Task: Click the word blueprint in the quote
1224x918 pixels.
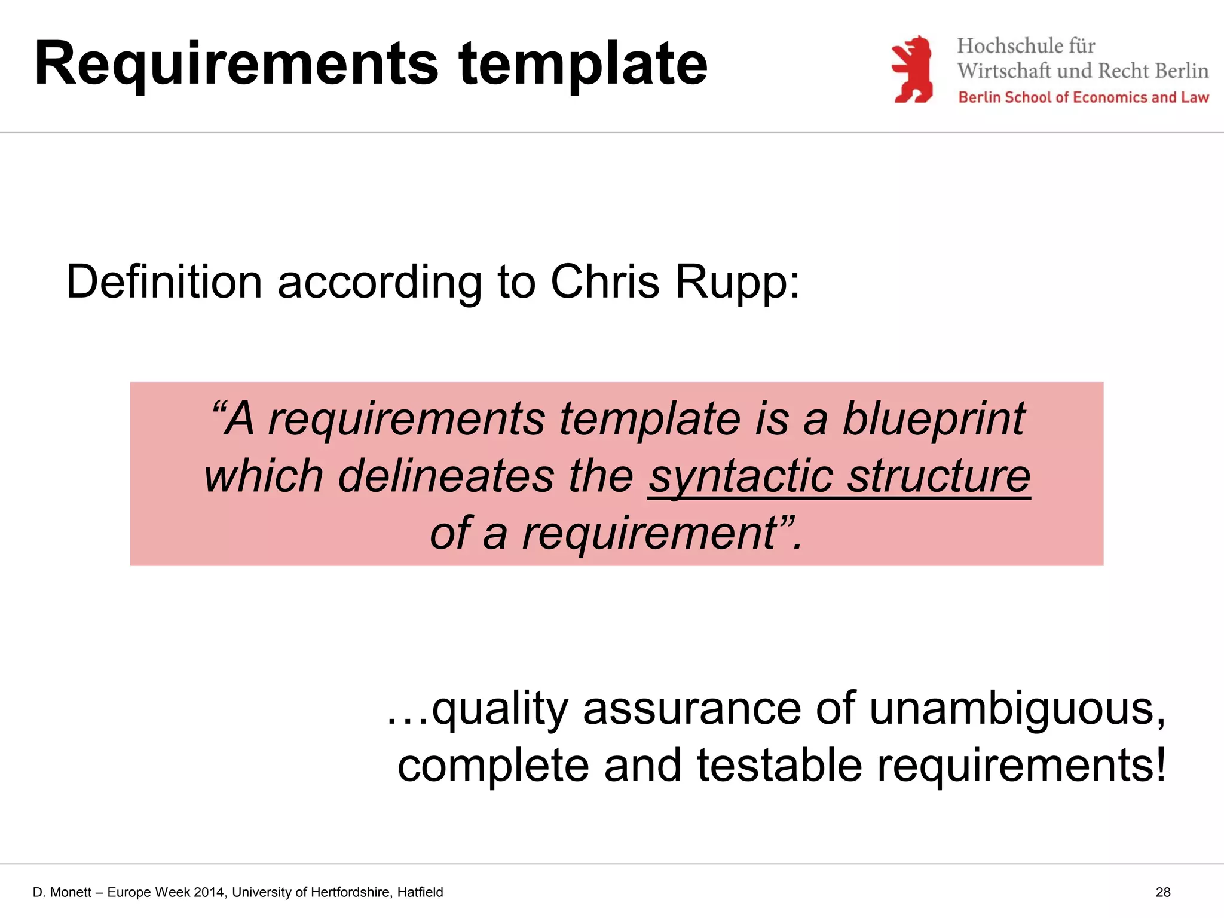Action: [x=934, y=418]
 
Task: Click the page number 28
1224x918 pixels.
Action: [x=1162, y=892]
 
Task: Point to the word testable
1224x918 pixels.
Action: [x=779, y=766]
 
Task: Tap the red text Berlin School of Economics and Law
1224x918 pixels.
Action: [x=1083, y=97]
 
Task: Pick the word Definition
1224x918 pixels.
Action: [x=164, y=281]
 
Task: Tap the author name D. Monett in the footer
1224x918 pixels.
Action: [x=62, y=892]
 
